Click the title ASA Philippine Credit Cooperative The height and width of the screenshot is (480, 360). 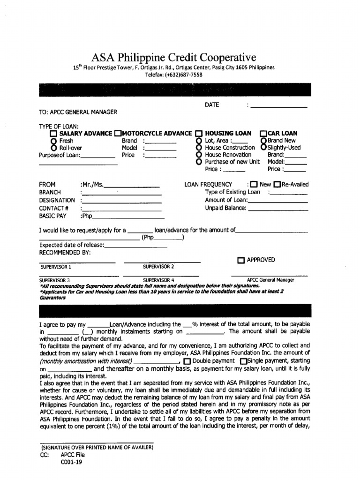[174, 58]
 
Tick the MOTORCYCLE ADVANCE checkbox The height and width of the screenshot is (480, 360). [118, 134]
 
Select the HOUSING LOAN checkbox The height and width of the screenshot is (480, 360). [199, 134]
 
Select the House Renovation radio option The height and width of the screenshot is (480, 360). [199, 155]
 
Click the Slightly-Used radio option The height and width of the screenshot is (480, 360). [263, 148]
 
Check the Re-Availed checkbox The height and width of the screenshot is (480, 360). [277, 185]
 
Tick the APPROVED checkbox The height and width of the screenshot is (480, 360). [241, 261]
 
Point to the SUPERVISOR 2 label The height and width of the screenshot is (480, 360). [158, 267]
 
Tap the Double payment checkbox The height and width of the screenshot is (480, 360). [187, 361]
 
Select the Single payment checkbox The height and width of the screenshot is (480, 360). [243, 361]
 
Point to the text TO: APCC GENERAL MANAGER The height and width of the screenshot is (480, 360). [78, 112]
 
